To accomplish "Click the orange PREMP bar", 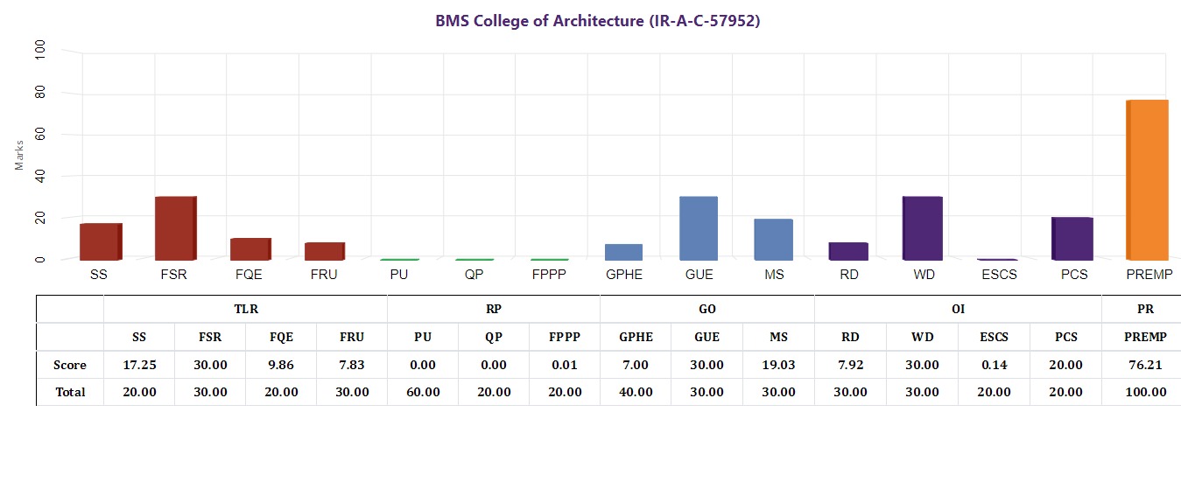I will [1146, 180].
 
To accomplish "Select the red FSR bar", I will [175, 228].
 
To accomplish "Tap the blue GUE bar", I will [699, 228].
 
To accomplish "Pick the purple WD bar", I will [923, 228].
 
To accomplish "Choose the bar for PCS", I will [1072, 238].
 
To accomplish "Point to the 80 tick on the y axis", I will [39, 93].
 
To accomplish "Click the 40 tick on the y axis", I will [39, 176].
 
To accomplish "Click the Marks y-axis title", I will [19, 155].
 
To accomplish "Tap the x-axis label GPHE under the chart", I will [623, 275].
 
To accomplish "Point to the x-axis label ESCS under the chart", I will [997, 275].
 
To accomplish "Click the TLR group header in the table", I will [246, 309].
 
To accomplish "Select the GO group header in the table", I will [707, 309].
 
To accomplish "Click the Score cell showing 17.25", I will [139, 365].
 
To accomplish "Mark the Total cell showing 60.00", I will [423, 392].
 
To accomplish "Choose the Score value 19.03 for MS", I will [778, 365].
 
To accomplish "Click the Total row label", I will [70, 392].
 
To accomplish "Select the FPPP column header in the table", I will [565, 337].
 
